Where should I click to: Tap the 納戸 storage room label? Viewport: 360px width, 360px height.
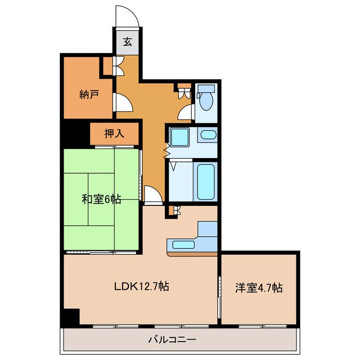click(x=88, y=93)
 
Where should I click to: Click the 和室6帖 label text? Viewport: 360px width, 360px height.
click(x=101, y=199)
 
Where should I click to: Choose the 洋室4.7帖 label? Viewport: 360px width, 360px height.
click(x=259, y=287)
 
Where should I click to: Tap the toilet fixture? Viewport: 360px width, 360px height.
click(x=205, y=100)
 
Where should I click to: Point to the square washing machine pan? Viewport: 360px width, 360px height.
click(x=181, y=137)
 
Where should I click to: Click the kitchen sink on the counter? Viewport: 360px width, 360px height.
click(x=183, y=245)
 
